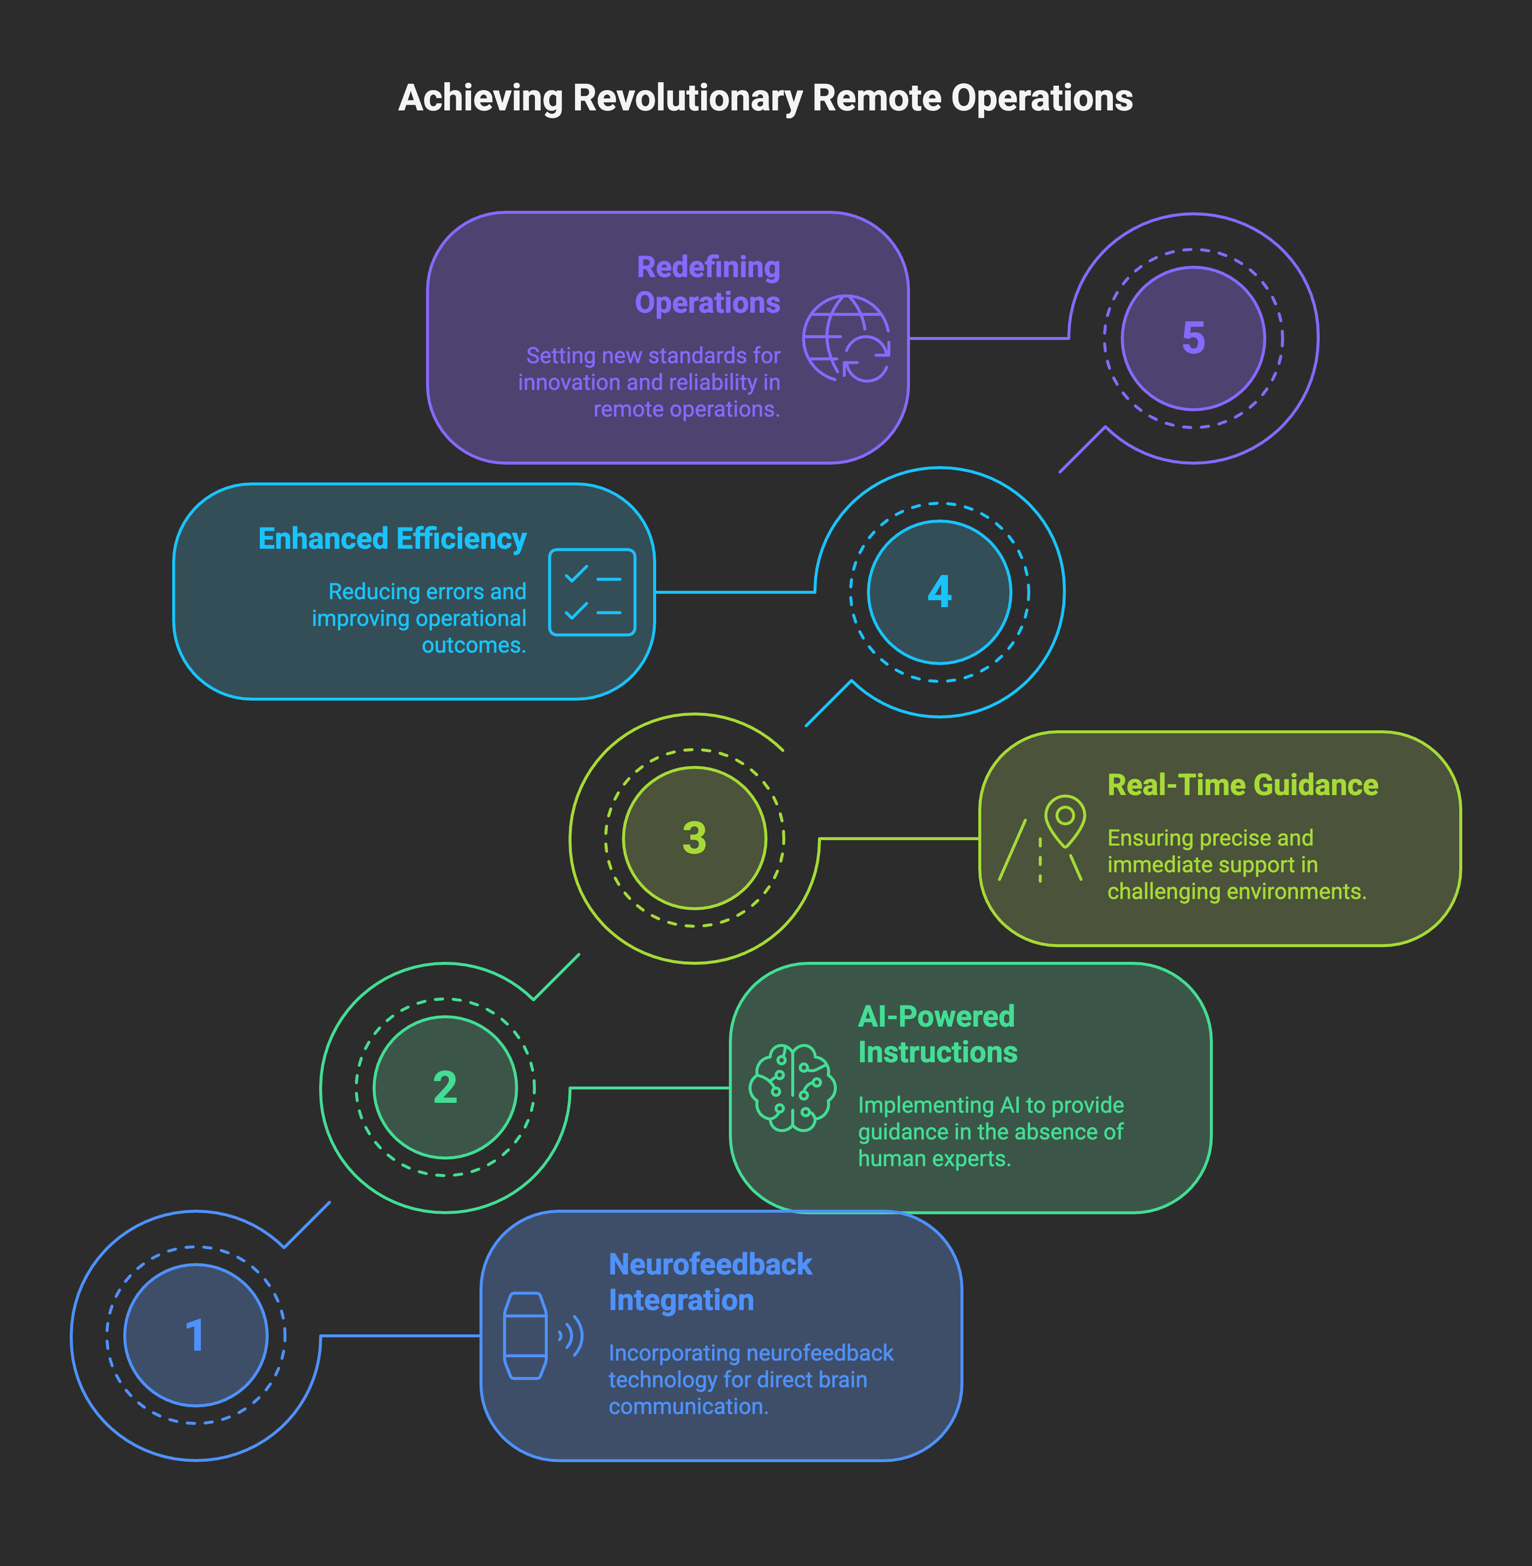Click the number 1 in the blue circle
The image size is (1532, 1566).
tap(195, 1335)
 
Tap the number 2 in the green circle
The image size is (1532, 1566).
tap(445, 1087)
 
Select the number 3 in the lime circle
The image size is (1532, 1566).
tap(694, 838)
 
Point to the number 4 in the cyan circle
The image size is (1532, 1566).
tap(940, 591)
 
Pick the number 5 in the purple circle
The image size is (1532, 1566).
tap(1193, 338)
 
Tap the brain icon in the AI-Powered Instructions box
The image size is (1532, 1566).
tap(792, 1087)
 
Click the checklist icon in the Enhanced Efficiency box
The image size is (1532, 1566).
tap(592, 592)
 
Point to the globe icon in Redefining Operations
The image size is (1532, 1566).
tap(845, 338)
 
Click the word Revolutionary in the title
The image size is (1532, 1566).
tap(687, 98)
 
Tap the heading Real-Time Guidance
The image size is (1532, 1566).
tap(1242, 784)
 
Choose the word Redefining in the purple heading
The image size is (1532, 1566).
tap(708, 267)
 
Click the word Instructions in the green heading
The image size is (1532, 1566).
tap(938, 1052)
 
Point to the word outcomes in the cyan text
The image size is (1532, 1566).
tap(473, 645)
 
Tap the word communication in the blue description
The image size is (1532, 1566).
tap(688, 1406)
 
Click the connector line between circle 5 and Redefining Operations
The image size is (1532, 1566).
tap(988, 338)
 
